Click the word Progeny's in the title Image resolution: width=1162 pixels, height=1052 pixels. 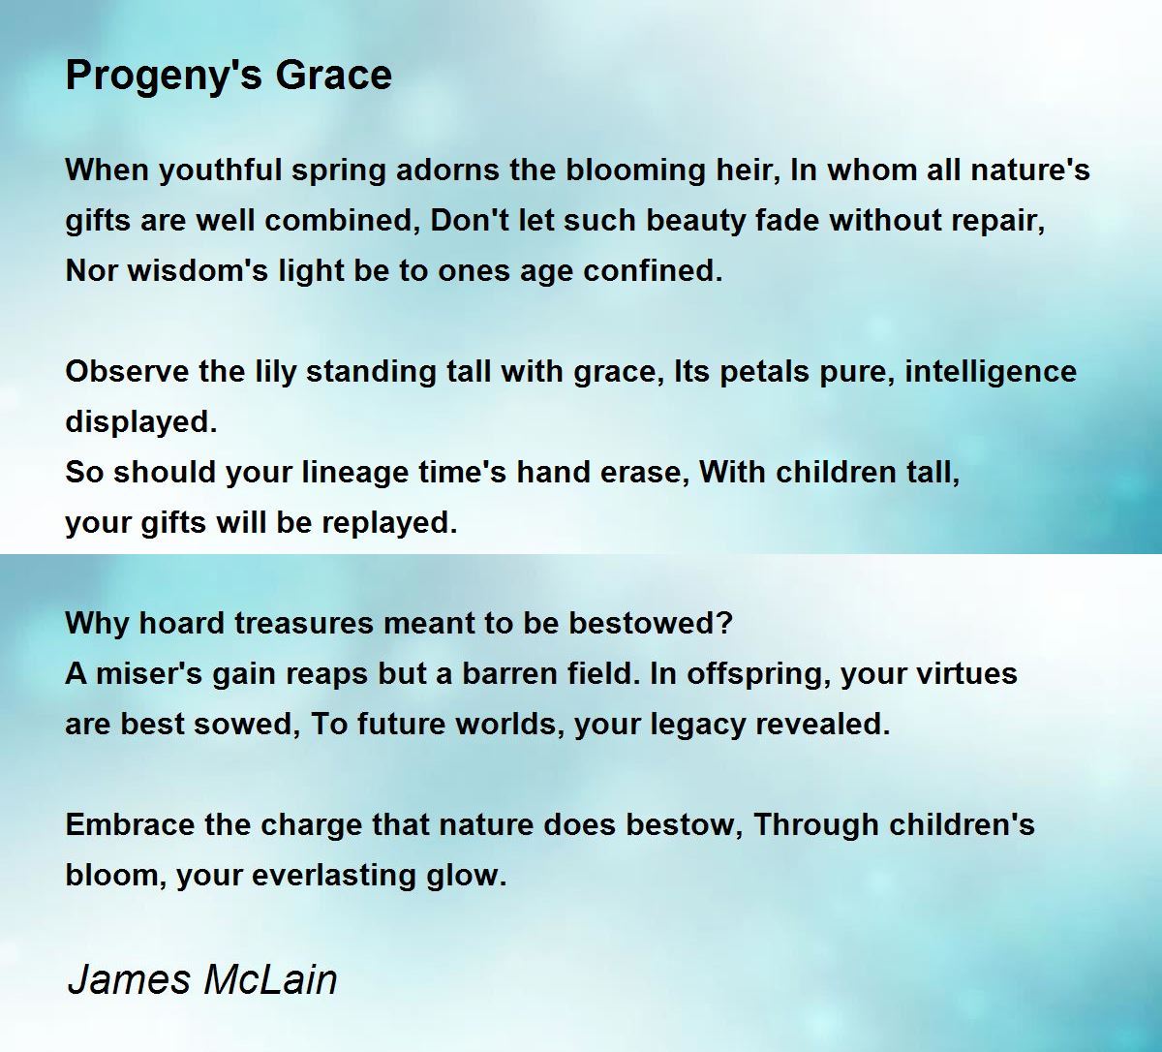coord(165,77)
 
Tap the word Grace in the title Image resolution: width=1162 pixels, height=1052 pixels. coord(334,76)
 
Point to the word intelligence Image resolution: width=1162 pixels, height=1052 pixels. coord(991,373)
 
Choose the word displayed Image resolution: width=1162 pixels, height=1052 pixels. coord(141,423)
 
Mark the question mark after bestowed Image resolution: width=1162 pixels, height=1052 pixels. coord(726,624)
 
